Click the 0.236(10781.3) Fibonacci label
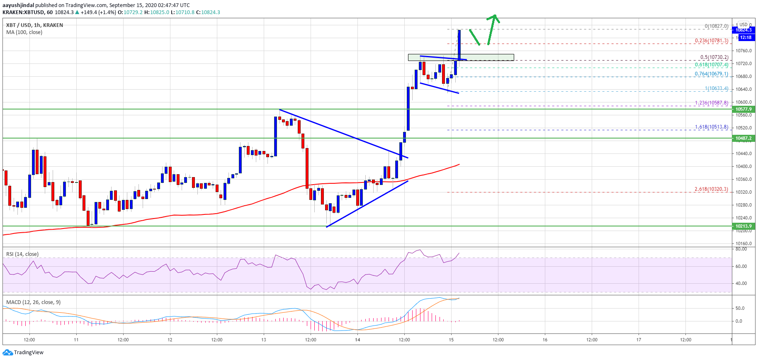click(x=711, y=41)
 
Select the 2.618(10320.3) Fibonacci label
click(x=711, y=189)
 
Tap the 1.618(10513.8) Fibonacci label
click(x=711, y=127)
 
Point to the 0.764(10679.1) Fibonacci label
click(x=711, y=74)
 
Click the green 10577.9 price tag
click(x=743, y=109)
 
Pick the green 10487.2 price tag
click(x=743, y=138)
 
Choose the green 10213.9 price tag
click(x=743, y=226)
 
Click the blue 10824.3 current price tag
click(x=743, y=30)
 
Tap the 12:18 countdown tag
click(x=746, y=37)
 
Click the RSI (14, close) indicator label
click(x=22, y=254)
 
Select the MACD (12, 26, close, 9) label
click(x=33, y=302)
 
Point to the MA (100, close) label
click(x=24, y=32)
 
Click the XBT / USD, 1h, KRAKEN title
click(x=34, y=25)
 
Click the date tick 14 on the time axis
click(x=357, y=340)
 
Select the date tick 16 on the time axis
click(x=545, y=340)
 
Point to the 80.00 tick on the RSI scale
click(x=741, y=249)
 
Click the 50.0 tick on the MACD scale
click(x=740, y=308)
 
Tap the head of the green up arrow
click(x=494, y=17)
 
